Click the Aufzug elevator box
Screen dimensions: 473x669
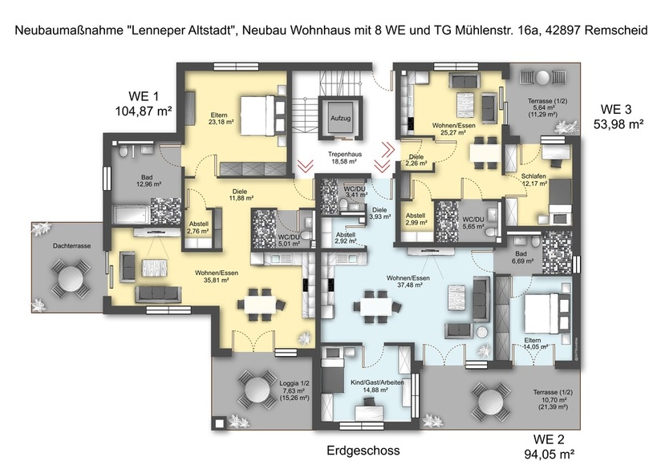(x=340, y=117)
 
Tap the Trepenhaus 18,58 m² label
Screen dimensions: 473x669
(x=346, y=157)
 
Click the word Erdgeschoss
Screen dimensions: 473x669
(x=363, y=451)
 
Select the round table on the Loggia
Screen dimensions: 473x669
(x=257, y=391)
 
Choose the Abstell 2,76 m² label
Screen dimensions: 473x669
(x=197, y=227)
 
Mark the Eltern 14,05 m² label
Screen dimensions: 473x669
(x=538, y=343)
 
